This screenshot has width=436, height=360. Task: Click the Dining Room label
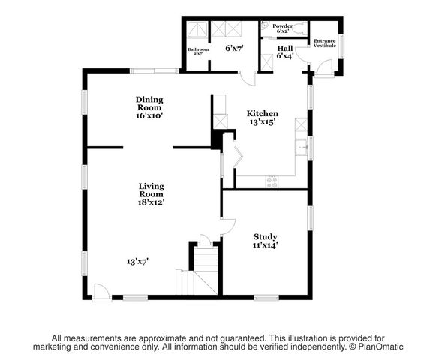click(149, 107)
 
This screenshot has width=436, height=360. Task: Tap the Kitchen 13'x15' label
click(263, 118)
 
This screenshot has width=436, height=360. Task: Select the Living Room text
click(151, 193)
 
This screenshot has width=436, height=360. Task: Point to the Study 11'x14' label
click(265, 241)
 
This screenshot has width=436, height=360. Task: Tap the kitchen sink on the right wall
click(302, 148)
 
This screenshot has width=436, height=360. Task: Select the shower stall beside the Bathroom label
click(197, 30)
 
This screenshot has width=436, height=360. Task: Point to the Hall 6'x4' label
click(284, 51)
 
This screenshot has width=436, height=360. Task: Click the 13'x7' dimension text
click(137, 261)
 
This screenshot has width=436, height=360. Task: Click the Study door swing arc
click(227, 226)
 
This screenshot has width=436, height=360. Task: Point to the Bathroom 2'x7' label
click(198, 52)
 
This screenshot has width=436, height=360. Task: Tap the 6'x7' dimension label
click(234, 49)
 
